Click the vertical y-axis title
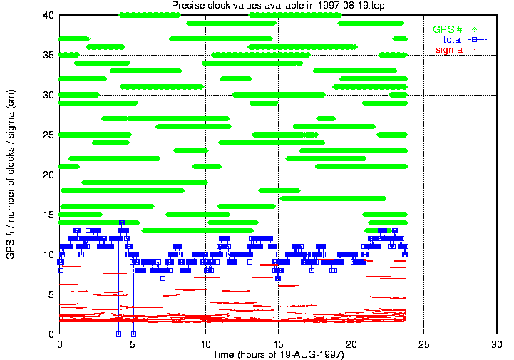point(10,175)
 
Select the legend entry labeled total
point(453,39)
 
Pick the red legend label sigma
point(449,49)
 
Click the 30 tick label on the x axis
point(497,344)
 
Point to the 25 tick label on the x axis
point(424,344)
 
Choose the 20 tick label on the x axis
point(351,344)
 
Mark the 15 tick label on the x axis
point(278,344)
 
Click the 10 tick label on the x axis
point(205,344)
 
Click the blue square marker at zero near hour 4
point(118,334)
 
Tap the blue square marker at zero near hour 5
point(133,334)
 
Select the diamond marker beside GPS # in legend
point(473,29)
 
